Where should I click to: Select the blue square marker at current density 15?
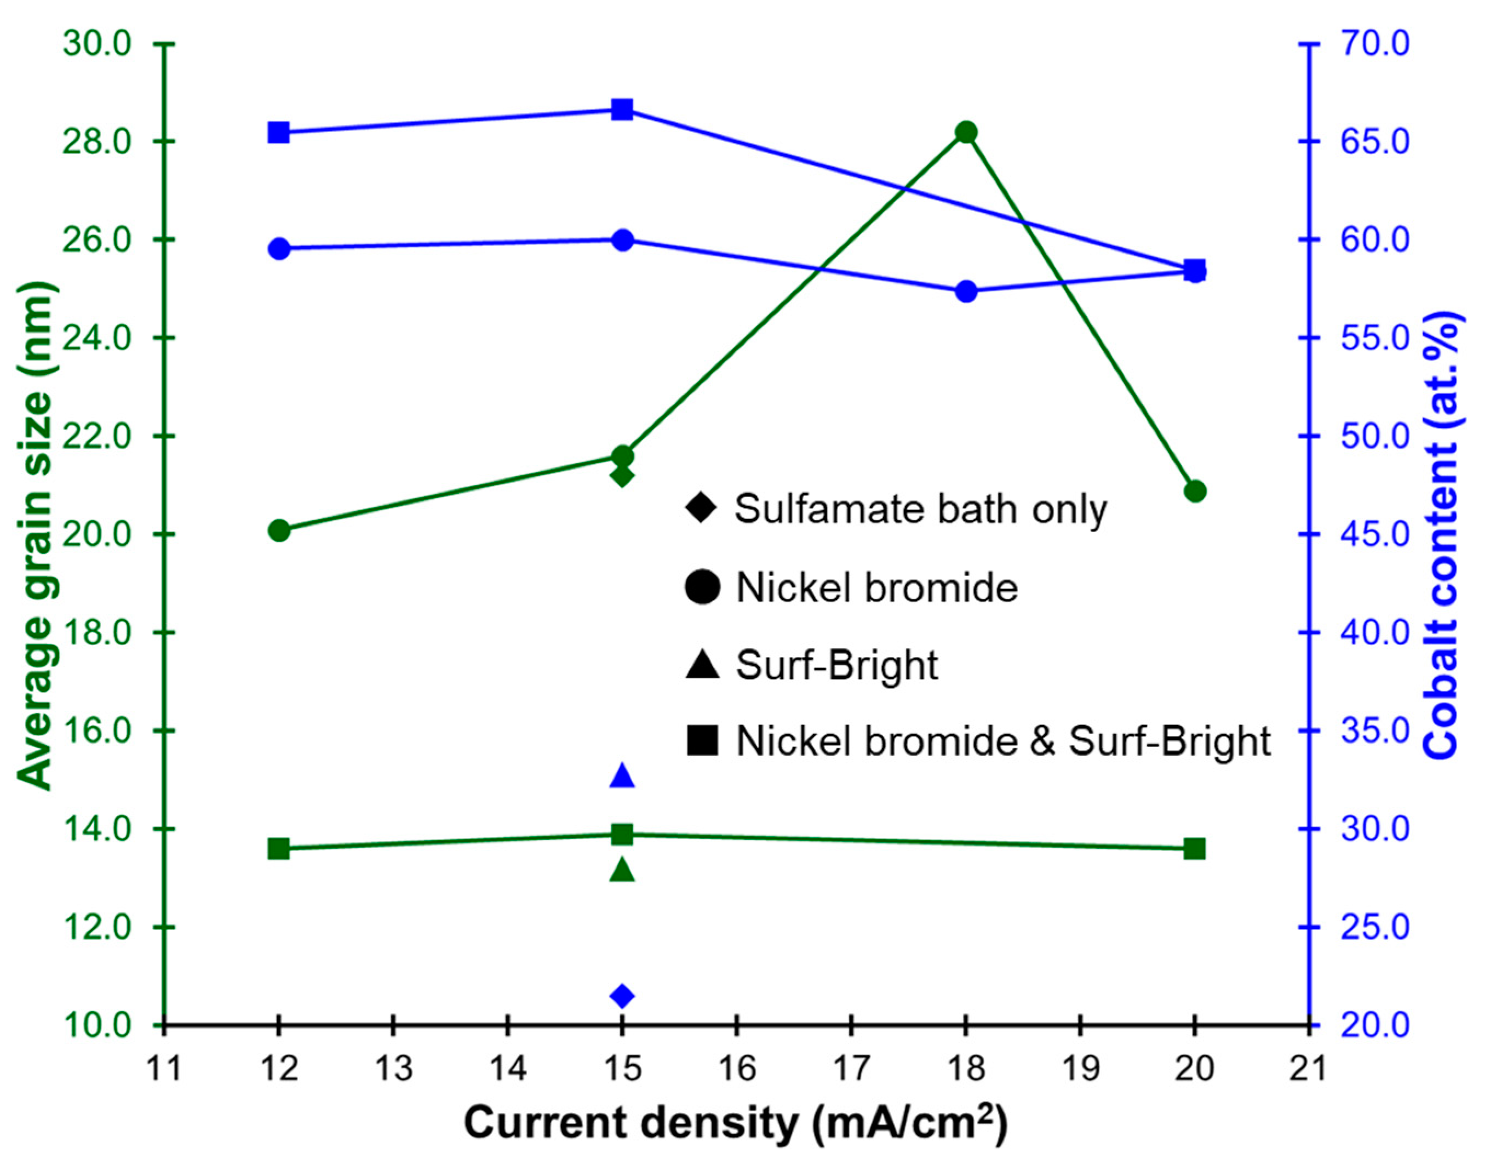coord(622,110)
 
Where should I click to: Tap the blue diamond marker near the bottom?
coord(622,996)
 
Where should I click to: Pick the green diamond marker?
coord(622,476)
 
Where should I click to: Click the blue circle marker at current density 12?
coord(279,249)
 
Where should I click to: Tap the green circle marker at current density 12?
coord(279,530)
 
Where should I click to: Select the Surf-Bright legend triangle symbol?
coord(702,664)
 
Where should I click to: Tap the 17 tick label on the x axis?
coord(851,1069)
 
